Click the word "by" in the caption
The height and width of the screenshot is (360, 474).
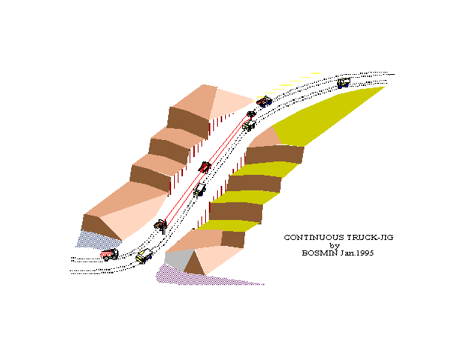click(x=334, y=245)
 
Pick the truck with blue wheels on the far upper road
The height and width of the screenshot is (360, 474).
click(x=344, y=84)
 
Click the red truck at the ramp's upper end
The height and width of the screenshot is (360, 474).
click(x=264, y=101)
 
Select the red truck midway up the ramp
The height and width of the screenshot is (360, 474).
click(x=205, y=167)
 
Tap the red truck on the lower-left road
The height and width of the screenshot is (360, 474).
click(x=110, y=255)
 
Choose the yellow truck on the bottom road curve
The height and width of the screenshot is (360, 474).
click(x=144, y=257)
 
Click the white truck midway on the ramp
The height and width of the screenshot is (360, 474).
click(x=199, y=190)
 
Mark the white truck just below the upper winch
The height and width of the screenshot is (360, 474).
click(x=249, y=125)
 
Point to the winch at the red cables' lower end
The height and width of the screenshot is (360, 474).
click(x=160, y=224)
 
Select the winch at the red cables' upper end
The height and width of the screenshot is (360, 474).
click(x=252, y=114)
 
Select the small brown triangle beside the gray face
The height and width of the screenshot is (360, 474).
click(x=195, y=263)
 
